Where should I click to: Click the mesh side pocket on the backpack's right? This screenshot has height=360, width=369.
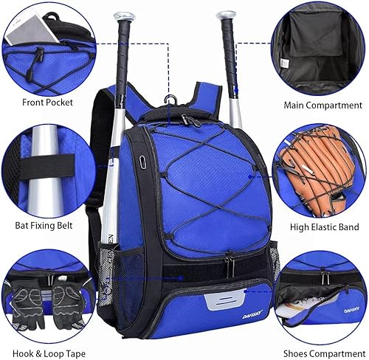coord(274,243)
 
